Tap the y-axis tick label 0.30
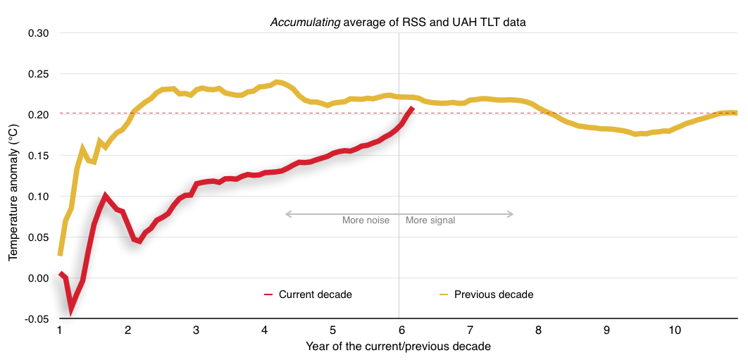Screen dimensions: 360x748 38,34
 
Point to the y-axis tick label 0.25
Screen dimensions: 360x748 38,75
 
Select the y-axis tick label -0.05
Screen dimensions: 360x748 37,319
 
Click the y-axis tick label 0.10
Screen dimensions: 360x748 38,197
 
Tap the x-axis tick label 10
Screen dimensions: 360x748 674,330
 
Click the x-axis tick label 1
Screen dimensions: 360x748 60,330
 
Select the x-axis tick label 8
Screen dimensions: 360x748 537,330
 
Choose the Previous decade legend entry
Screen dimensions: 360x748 493,294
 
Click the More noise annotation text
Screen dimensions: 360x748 366,221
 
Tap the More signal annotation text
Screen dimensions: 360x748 430,221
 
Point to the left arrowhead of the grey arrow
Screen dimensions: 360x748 287,214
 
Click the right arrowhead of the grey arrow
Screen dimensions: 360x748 511,214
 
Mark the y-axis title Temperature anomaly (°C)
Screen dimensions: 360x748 13,176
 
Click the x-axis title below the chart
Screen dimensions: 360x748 398,347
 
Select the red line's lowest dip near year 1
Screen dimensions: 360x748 71,308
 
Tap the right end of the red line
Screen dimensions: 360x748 412,108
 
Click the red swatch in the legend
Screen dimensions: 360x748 268,294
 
